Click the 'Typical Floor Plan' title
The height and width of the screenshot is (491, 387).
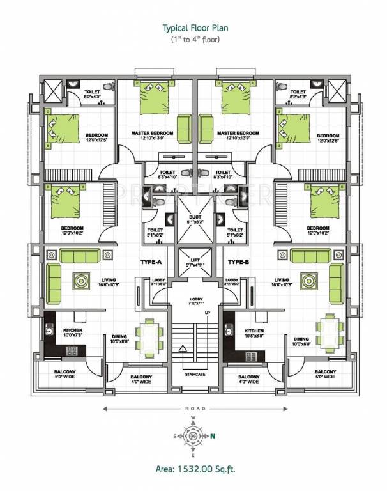193,29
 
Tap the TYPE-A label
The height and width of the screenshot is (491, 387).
151,263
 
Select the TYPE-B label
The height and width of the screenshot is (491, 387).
237,263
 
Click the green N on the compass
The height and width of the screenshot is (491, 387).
213,437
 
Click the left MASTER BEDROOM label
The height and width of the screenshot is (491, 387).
153,134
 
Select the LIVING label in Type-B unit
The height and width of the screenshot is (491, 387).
282,280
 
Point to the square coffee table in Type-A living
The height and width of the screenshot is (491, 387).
82,280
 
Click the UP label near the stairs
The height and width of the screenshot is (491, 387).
207,313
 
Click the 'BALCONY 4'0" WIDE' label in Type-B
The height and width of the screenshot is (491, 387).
248,380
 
